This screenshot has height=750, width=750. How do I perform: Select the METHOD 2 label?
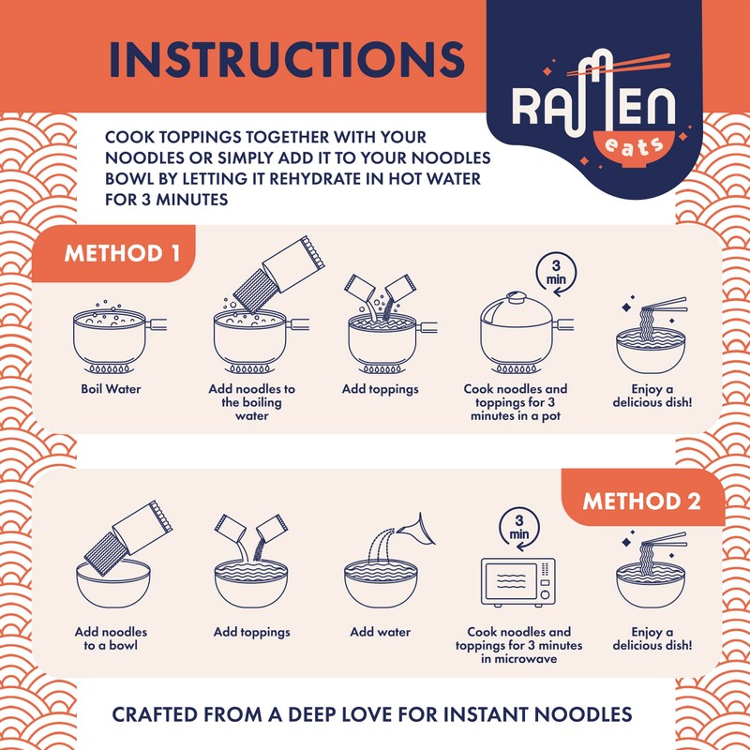[x=641, y=500]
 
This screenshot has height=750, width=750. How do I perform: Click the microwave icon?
[x=517, y=584]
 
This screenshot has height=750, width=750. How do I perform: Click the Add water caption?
[x=380, y=632]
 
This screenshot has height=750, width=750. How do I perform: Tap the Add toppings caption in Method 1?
[x=380, y=388]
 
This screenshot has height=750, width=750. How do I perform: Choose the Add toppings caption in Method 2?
[x=252, y=632]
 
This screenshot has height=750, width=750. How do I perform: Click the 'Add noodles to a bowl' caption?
[x=111, y=638]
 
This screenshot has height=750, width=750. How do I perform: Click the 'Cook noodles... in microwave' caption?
[x=518, y=645]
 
